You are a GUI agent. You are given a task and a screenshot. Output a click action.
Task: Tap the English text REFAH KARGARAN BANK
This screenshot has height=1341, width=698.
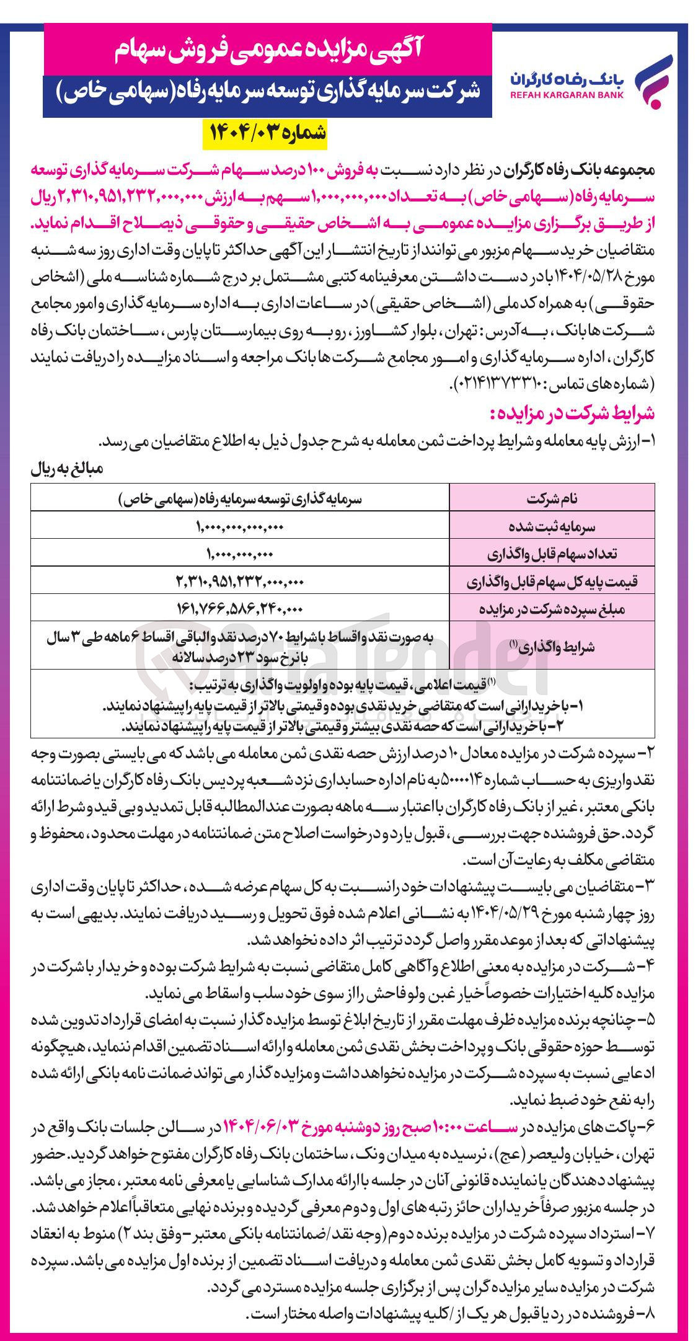point(567,95)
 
